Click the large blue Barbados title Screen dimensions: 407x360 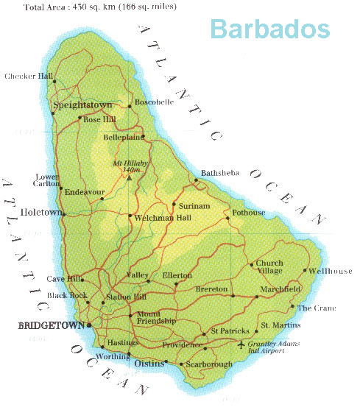269,28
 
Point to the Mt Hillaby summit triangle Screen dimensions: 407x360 130,177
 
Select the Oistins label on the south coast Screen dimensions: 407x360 146,363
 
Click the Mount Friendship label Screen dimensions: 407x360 156,318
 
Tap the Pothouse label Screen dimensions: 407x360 248,213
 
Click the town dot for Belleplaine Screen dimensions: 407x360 143,136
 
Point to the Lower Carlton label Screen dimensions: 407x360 48,182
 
